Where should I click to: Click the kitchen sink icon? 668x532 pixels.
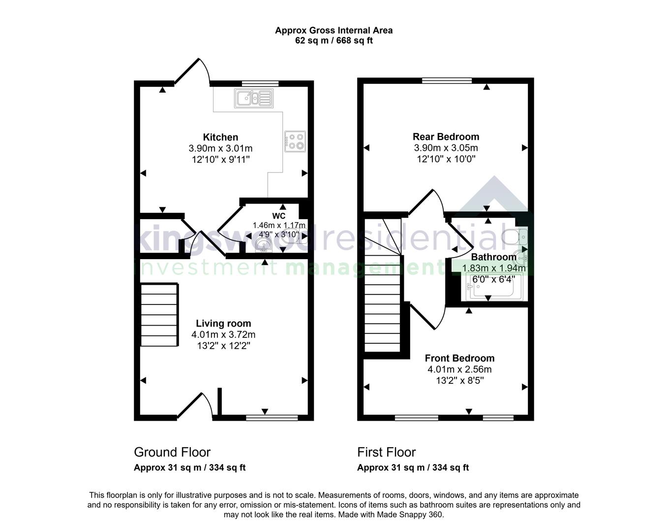tap(253, 98)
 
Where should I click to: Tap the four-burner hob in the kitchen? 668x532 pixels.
tap(295, 141)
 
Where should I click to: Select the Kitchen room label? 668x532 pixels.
tap(220, 137)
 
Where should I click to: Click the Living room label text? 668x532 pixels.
tap(223, 323)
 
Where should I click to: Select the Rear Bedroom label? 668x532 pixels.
tap(446, 136)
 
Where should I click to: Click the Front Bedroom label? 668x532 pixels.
tap(459, 358)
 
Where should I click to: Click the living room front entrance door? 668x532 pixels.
tap(195, 406)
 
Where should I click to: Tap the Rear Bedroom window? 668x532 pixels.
tap(447, 81)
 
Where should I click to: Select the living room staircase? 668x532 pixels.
tap(159, 315)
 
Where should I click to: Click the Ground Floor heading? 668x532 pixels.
tap(172, 452)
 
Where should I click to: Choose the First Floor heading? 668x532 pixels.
tap(386, 452)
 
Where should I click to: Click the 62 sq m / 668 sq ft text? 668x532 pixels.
tap(334, 40)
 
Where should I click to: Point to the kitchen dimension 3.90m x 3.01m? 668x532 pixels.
tap(220, 148)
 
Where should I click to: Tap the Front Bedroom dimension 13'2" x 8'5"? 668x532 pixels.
tap(459, 380)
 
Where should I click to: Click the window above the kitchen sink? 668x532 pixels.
tap(260, 83)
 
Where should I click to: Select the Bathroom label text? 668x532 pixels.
tap(493, 257)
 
